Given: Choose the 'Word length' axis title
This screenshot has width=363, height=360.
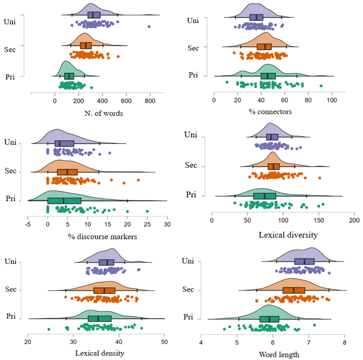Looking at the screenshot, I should tap(279, 355).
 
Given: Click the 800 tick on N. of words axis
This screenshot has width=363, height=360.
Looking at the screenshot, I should tap(150, 101).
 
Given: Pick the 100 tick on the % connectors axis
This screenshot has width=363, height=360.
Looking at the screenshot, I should tap(332, 100).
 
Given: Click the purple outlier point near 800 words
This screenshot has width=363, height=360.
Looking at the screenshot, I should tap(149, 26).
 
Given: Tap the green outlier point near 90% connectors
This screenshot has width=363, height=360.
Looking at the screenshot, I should tap(321, 86).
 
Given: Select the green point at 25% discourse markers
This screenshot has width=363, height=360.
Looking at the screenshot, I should tap(147, 211).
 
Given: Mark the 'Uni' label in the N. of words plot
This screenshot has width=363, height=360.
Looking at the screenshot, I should tap(10, 21).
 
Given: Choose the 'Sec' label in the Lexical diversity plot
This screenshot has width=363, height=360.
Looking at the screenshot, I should tap(191, 165).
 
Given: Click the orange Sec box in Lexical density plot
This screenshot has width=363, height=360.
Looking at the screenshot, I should tap(104, 290).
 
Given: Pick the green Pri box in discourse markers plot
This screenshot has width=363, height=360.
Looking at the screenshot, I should tap(64, 201).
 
